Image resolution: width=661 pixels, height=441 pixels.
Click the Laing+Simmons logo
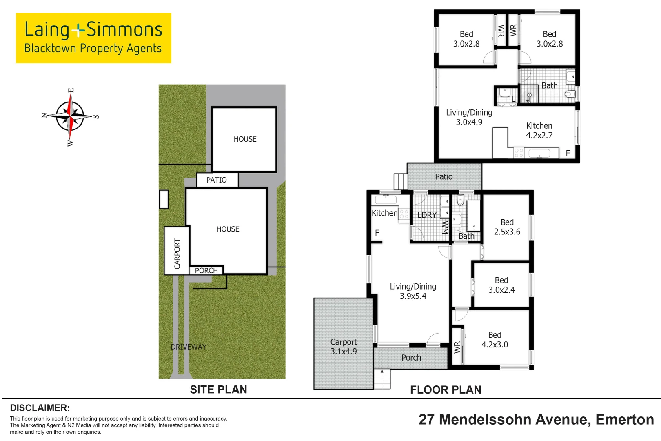coord(93,38)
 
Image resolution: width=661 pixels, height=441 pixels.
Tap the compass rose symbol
coord(70,116)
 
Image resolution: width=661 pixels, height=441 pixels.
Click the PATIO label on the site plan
coord(216,180)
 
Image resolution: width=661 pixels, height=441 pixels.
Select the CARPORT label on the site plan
coord(177,254)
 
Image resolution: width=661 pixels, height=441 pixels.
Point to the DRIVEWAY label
coord(189,347)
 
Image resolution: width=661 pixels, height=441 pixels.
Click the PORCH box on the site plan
coord(206,270)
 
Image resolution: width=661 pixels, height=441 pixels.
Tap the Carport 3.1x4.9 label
coord(344,346)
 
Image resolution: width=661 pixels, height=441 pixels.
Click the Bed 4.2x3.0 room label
coord(495,339)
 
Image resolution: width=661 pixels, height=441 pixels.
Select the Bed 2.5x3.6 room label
coord(507,227)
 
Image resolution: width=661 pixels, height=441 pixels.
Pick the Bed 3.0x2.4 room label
coord(501,285)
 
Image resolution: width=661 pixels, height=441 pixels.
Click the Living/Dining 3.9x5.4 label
coord(413,291)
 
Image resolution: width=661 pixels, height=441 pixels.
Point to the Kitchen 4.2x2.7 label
coord(539,130)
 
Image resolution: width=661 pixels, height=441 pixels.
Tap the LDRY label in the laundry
coord(427,215)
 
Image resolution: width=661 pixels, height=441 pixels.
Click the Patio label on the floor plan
coord(444,176)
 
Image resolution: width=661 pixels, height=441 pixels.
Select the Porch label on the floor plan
coord(411,358)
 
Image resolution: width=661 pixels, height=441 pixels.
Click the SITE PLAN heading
coord(218,390)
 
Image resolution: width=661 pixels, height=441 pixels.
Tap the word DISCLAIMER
coord(40,408)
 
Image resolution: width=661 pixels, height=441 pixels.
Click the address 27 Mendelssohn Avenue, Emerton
coord(536,419)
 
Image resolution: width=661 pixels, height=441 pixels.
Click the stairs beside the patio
coord(400,181)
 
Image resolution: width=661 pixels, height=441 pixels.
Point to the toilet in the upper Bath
coord(570,94)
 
